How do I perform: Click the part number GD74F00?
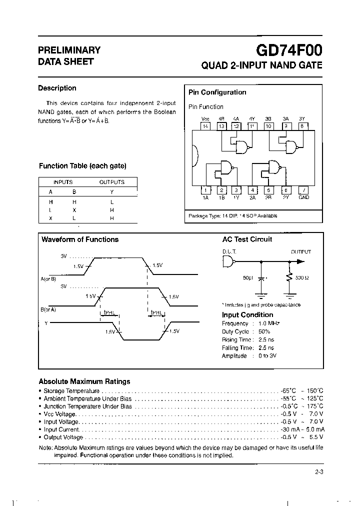pyautogui.click(x=289, y=50)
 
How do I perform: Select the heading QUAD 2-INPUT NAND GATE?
pyautogui.click(x=261, y=65)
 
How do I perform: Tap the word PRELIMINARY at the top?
pyautogui.click(x=69, y=50)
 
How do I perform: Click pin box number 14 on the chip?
pyautogui.click(x=205, y=126)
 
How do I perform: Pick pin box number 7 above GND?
pyautogui.click(x=303, y=190)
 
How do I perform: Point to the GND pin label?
pyautogui.click(x=303, y=197)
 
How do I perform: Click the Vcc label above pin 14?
pyautogui.click(x=205, y=119)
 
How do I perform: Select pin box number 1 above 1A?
pyautogui.click(x=205, y=190)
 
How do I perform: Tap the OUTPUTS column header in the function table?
pyautogui.click(x=112, y=182)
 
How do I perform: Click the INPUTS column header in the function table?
pyautogui.click(x=63, y=182)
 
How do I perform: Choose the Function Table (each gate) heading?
pyautogui.click(x=82, y=166)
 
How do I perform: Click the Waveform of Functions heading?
pyautogui.click(x=80, y=239)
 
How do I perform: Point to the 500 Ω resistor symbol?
pyautogui.click(x=288, y=277)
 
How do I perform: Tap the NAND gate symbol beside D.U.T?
pyautogui.click(x=228, y=261)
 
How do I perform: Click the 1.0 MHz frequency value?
pyautogui.click(x=269, y=323)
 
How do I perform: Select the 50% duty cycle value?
pyautogui.click(x=264, y=331)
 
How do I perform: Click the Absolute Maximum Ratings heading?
pyautogui.click(x=84, y=381)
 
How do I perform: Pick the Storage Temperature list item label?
pyautogui.click(x=71, y=390)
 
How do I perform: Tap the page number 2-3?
pyautogui.click(x=319, y=471)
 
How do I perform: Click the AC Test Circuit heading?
pyautogui.click(x=247, y=239)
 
